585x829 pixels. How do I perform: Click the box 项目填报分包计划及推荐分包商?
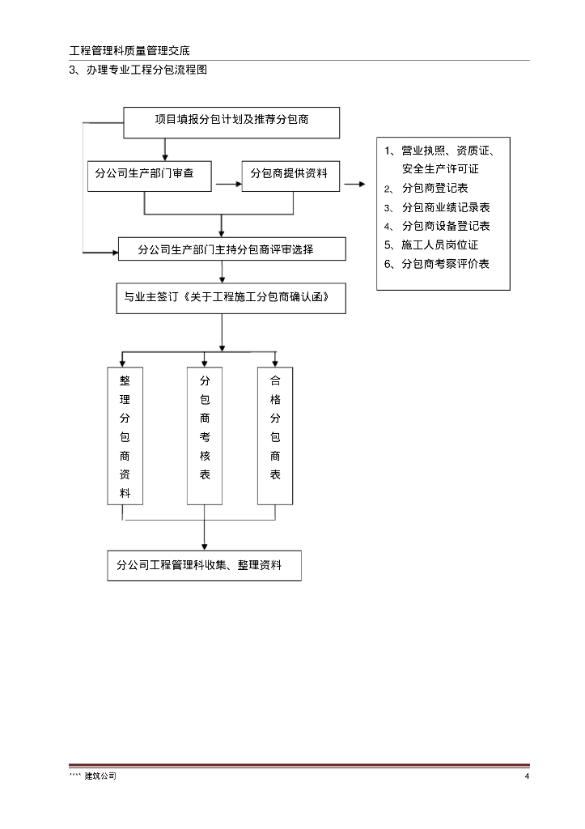231,122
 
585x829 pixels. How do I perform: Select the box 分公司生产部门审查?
150,176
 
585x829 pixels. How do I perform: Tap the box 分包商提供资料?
290,176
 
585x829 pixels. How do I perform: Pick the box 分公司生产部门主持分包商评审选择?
231,249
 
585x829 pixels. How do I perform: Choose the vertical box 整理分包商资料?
125,436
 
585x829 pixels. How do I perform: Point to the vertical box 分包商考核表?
205,436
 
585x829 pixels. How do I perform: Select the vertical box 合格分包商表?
275,436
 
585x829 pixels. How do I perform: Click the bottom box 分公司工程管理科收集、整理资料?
204,566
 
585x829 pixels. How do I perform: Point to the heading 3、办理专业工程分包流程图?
138,70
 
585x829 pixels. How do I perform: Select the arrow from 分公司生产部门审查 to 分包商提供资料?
229,184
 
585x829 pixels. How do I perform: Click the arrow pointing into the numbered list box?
354,184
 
